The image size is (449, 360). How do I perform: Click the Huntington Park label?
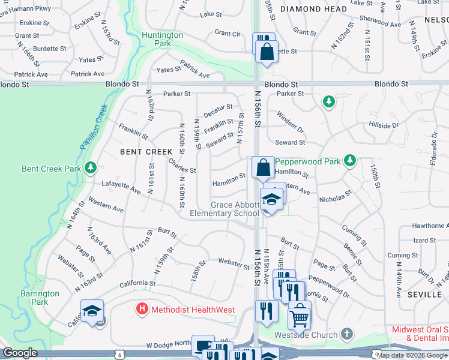[162, 39]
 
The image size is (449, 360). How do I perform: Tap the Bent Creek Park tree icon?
[90, 167]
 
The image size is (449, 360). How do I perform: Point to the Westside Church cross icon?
[346, 333]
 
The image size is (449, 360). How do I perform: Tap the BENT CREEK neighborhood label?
[146, 152]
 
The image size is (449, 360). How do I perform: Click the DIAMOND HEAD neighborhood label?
[313, 9]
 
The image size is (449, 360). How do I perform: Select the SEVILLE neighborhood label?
[426, 295]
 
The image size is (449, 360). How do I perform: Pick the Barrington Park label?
[40, 298]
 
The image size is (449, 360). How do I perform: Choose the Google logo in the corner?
[20, 353]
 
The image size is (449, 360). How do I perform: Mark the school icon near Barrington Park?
[92, 311]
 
